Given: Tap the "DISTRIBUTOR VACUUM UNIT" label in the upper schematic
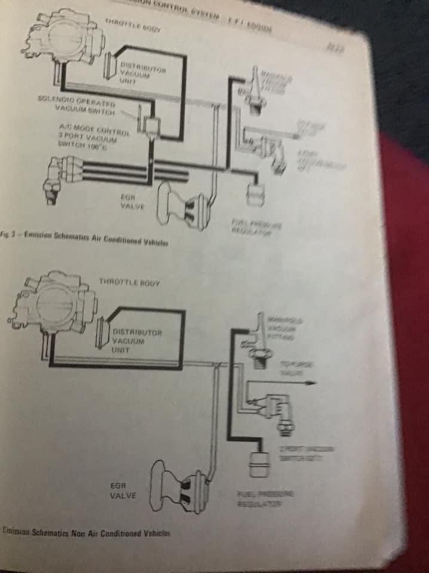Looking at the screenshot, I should click(x=134, y=71).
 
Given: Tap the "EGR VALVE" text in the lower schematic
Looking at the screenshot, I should click(x=123, y=491).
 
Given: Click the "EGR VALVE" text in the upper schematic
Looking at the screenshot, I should click(x=130, y=201).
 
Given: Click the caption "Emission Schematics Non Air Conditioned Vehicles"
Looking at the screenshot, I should click(x=86, y=532).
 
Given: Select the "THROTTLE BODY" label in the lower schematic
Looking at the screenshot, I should click(x=130, y=281).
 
